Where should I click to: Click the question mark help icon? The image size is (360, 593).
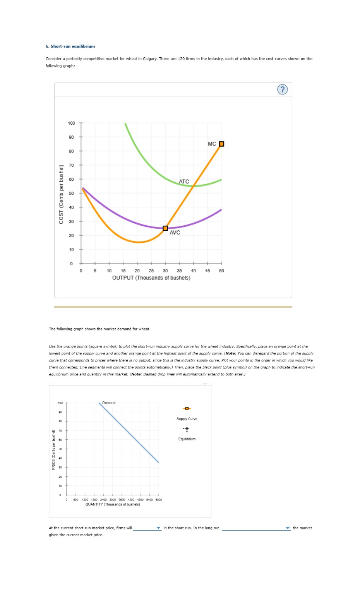[283, 89]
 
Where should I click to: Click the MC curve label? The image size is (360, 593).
[212, 144]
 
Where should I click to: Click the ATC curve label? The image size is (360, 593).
[184, 182]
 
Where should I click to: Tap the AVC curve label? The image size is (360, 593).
[175, 233]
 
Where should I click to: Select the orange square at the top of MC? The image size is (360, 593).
[221, 144]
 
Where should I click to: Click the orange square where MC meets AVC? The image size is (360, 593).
[165, 228]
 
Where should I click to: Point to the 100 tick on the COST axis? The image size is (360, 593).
[72, 123]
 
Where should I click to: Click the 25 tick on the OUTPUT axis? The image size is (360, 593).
[151, 271]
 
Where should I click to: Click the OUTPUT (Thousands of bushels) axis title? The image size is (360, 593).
[151, 278]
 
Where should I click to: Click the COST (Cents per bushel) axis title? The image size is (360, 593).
[61, 194]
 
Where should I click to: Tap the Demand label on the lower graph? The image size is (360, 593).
[109, 403]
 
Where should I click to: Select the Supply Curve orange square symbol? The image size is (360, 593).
[187, 409]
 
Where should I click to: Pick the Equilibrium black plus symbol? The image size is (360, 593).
[187, 429]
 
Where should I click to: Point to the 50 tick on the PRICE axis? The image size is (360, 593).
[60, 449]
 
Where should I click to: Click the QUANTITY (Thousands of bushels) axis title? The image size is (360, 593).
[113, 504]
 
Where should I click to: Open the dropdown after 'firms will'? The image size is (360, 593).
[147, 528]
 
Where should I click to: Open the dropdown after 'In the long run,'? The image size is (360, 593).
[256, 528]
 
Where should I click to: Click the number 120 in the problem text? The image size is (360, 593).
[181, 59]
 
